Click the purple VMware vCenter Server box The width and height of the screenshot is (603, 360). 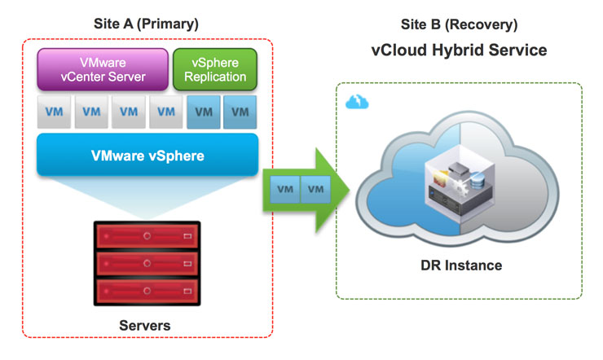[x=103, y=69]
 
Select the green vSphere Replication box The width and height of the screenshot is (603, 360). [x=215, y=69]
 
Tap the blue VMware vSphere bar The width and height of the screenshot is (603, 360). [x=147, y=154]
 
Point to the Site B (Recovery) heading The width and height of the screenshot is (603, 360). [x=459, y=24]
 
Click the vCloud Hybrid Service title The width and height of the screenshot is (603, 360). [x=459, y=50]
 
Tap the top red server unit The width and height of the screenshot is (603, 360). [x=147, y=235]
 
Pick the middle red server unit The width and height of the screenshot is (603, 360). [x=147, y=263]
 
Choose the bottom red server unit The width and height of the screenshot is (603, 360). [x=147, y=291]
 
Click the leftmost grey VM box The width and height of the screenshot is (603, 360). [x=54, y=112]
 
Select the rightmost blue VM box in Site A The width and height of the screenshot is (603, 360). [x=240, y=112]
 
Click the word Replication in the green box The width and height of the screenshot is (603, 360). [x=215, y=77]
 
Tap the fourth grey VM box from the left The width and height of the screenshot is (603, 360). [x=165, y=112]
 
